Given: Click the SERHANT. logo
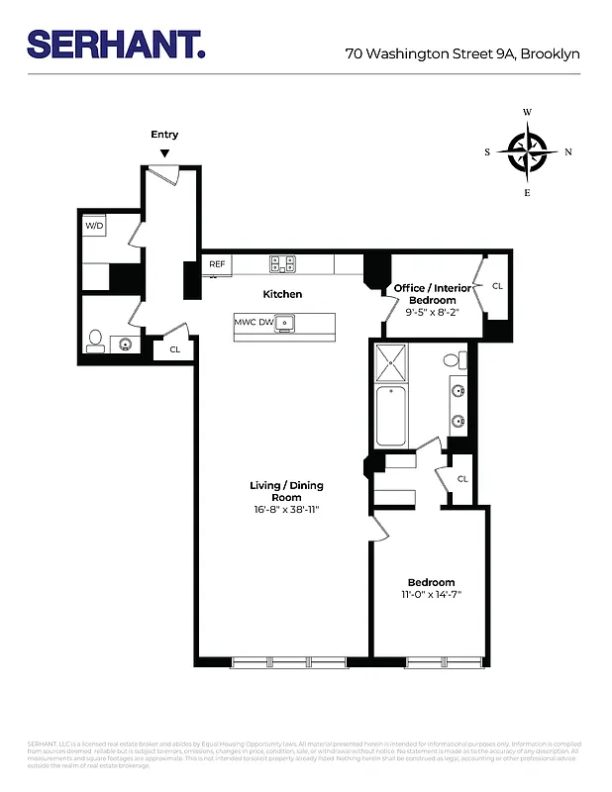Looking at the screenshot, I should click(x=116, y=45).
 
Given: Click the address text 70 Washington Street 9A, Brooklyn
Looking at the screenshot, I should click(x=461, y=54).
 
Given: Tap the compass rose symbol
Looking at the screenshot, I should click(x=528, y=151).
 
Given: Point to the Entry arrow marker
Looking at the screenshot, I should click(x=164, y=152).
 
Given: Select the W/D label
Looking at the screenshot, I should click(x=94, y=227).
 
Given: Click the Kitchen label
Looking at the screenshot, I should click(x=282, y=294).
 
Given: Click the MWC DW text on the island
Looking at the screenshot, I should click(x=254, y=322).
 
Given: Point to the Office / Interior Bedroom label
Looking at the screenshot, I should click(x=424, y=294).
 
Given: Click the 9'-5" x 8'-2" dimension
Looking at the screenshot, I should click(x=431, y=312).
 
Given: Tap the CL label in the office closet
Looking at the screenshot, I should click(x=497, y=286).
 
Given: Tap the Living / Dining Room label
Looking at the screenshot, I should click(x=285, y=491).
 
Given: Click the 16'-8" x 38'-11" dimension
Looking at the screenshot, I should click(x=285, y=510).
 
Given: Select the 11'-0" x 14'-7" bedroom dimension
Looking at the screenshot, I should click(x=431, y=595).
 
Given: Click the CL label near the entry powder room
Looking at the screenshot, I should click(x=174, y=349).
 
